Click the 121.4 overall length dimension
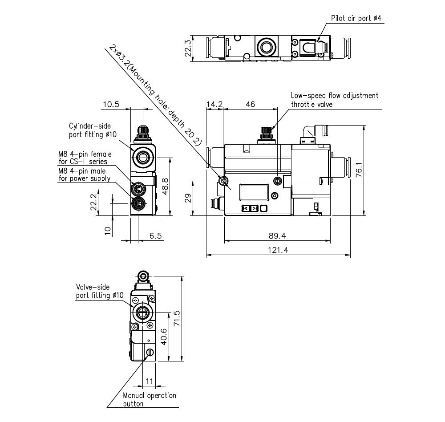pyautogui.click(x=278, y=250)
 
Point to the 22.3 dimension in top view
pyautogui.click(x=188, y=49)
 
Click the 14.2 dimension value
pyautogui.click(x=214, y=104)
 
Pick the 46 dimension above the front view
pyautogui.click(x=251, y=104)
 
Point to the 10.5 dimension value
pyautogui.click(x=111, y=104)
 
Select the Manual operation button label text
pyautogui.click(x=150, y=399)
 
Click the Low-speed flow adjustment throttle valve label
pyautogui.click(x=334, y=100)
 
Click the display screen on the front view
pyautogui.click(x=255, y=193)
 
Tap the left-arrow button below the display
pyautogui.click(x=245, y=208)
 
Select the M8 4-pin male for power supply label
pyautogui.click(x=85, y=174)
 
